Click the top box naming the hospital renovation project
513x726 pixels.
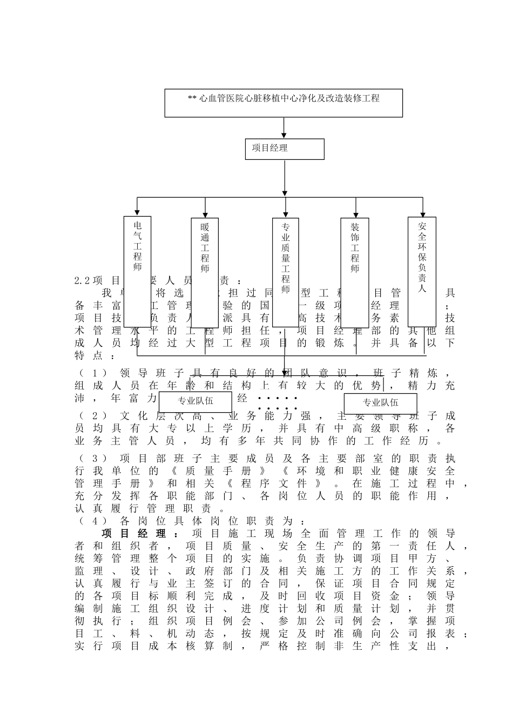283,103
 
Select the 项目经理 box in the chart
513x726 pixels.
285,149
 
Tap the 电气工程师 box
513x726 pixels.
138,272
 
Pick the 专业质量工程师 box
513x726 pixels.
286,272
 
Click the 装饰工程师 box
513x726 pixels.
354,272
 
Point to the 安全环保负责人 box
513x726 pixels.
422,271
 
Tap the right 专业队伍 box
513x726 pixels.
380,402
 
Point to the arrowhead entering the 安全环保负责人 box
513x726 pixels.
423,212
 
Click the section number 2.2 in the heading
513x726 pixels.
82,281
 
